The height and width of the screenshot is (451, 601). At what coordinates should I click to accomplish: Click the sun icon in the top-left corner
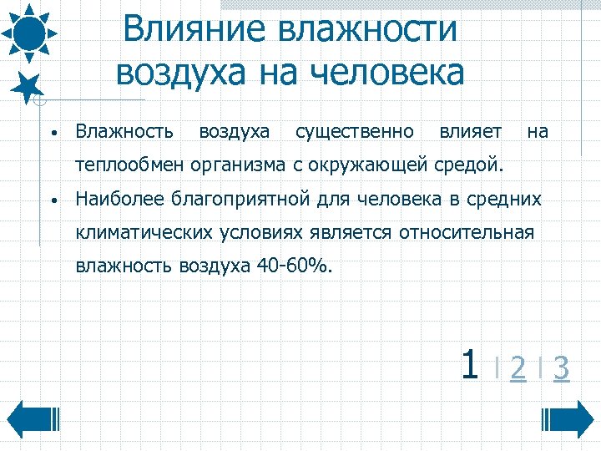coord(29,33)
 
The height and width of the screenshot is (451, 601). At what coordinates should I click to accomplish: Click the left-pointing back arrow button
coord(33,418)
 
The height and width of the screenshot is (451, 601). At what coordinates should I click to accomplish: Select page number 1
coord(469,364)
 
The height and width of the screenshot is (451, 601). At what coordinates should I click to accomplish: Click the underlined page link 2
coord(518,367)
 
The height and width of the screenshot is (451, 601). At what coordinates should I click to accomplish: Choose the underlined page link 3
coord(562,367)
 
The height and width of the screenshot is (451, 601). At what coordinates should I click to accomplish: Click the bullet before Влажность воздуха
coord(53,133)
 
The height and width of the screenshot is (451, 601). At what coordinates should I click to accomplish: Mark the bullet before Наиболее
coord(53,201)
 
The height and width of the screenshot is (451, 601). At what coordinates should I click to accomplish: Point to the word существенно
coord(355,131)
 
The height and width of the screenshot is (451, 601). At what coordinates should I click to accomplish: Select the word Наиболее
coord(119,200)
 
